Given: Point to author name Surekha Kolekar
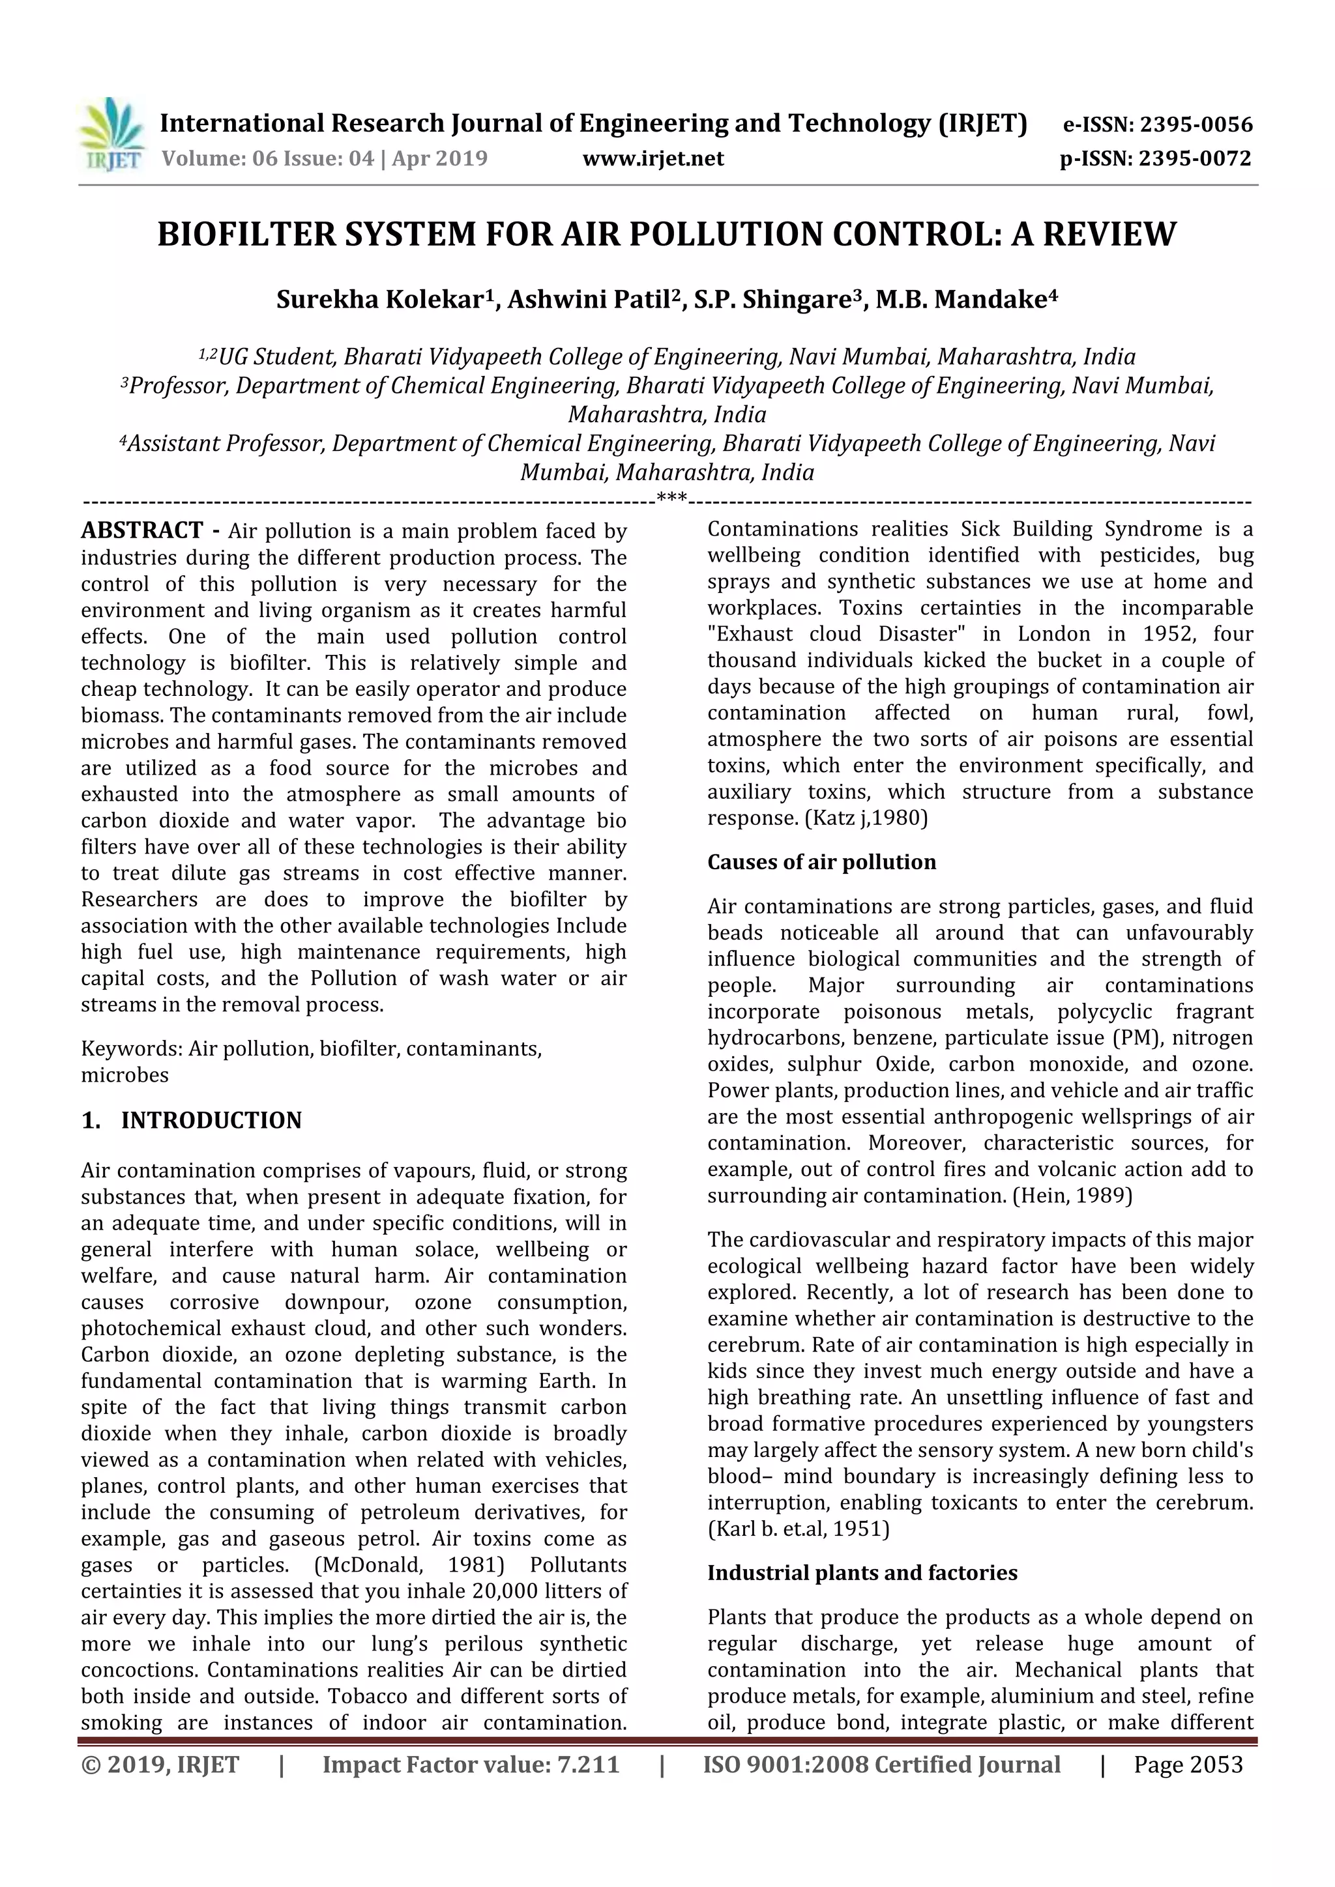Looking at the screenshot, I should pyautogui.click(x=379, y=300).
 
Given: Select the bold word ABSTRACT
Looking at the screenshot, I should pyautogui.click(x=142, y=531).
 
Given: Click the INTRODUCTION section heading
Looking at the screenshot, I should pyautogui.click(x=211, y=1121).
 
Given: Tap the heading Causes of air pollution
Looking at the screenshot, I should pyautogui.click(x=821, y=862).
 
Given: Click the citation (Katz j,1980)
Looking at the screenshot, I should pyautogui.click(x=866, y=818).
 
